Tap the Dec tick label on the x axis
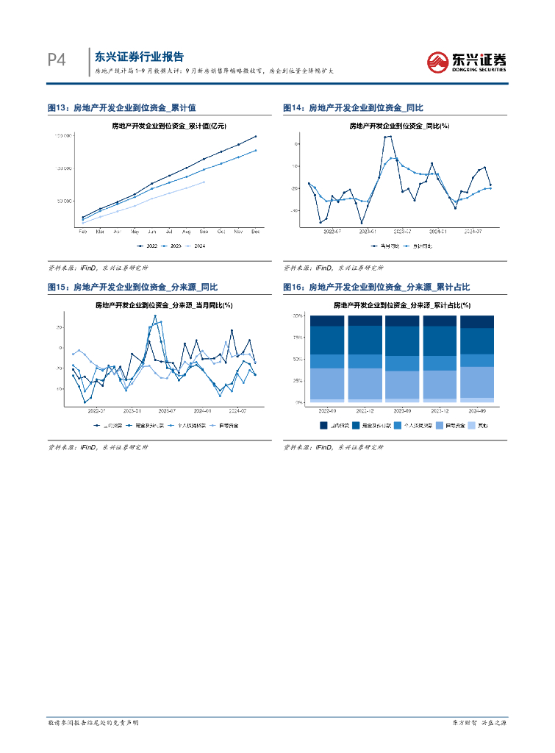point(256,232)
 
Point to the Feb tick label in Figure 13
point(83,232)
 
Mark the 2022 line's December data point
point(256,136)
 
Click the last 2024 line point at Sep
point(204,182)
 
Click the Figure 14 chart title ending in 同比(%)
point(399,126)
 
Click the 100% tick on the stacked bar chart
point(298,316)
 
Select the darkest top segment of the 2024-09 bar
point(476,321)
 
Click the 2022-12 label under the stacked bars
point(365,410)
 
